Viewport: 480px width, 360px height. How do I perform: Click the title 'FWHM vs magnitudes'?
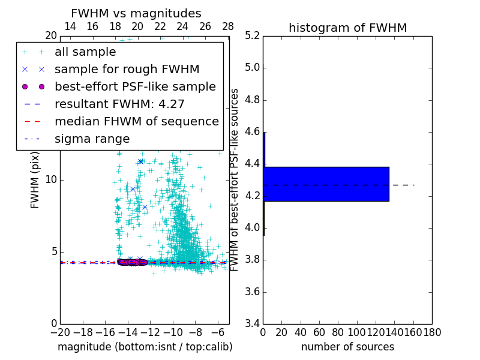[136, 14]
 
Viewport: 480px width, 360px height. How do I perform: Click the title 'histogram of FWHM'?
[347, 28]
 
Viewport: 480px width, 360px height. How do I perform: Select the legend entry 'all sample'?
[85, 52]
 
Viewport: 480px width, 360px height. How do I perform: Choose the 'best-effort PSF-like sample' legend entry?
[135, 86]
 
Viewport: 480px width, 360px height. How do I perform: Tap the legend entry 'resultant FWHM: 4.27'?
[119, 104]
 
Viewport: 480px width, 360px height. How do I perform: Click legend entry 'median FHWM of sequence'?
[136, 121]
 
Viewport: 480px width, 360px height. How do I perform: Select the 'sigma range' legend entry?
[92, 139]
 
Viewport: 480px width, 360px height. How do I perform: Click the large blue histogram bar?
[326, 184]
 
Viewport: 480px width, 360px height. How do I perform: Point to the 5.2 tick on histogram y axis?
[252, 35]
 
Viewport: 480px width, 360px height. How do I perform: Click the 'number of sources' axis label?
[347, 347]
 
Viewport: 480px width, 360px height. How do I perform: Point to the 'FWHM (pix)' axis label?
[35, 180]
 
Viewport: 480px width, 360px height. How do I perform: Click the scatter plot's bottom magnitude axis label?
[145, 347]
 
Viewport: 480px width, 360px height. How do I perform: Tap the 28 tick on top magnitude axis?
[228, 26]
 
